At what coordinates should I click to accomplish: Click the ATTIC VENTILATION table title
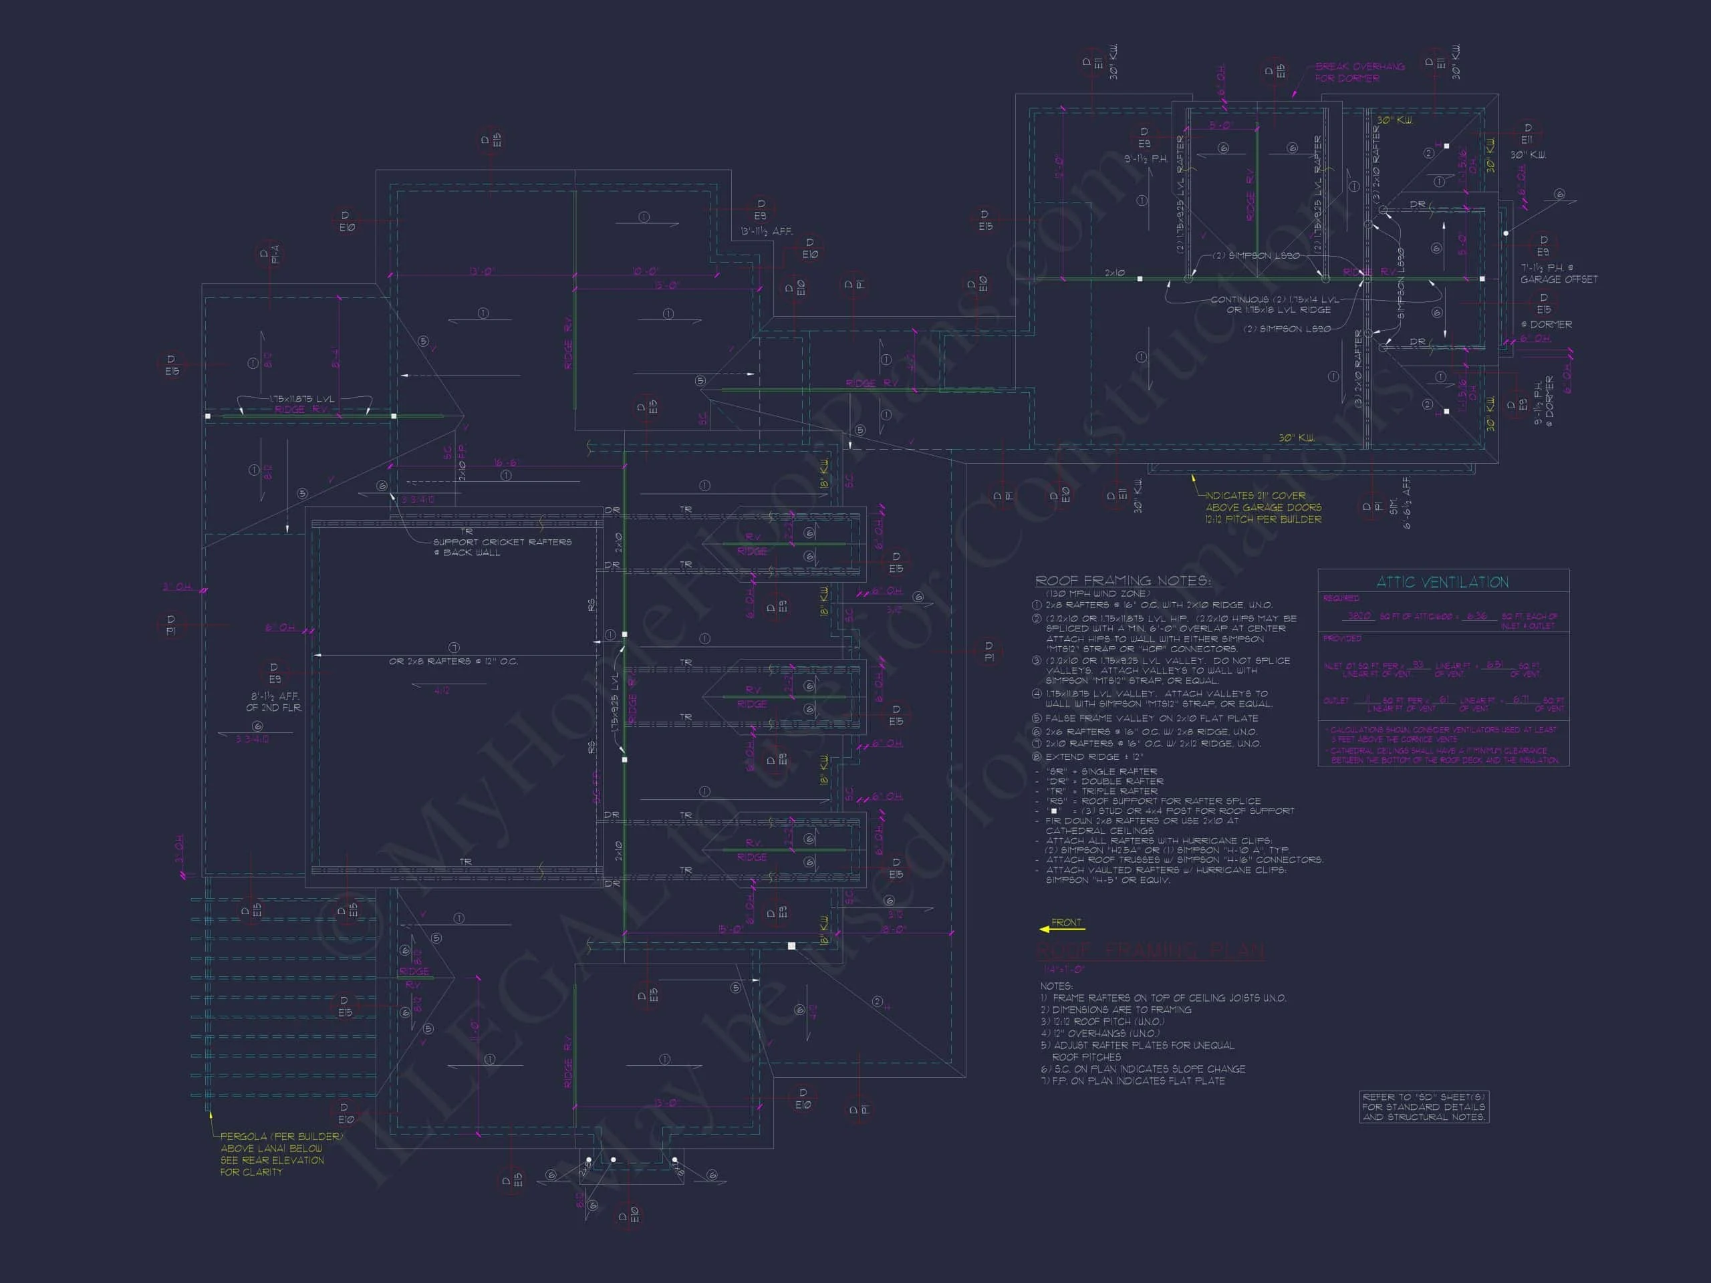1442,582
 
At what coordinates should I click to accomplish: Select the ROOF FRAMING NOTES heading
1123,581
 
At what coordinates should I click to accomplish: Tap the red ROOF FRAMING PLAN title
1150,950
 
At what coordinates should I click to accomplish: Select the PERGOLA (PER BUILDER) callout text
281,1136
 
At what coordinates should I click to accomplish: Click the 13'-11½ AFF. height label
766,231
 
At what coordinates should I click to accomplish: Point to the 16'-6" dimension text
507,462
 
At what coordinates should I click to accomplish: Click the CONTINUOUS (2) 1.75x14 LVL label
1274,299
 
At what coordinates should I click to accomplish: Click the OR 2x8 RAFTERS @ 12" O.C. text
453,662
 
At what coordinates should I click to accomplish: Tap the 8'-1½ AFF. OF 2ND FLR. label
275,702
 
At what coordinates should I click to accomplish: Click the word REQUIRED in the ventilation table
1341,599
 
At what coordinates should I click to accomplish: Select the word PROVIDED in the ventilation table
1341,639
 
